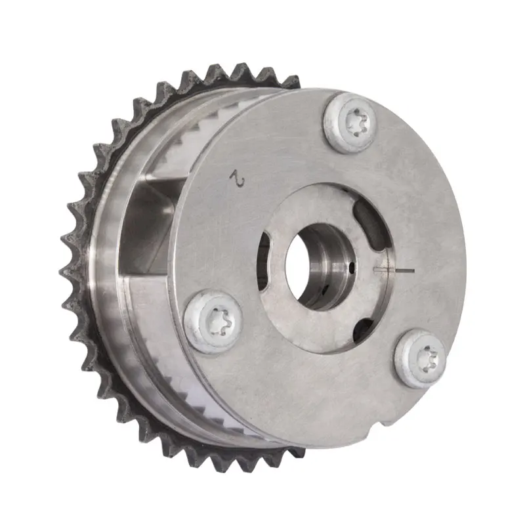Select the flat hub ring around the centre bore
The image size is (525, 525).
295,308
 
